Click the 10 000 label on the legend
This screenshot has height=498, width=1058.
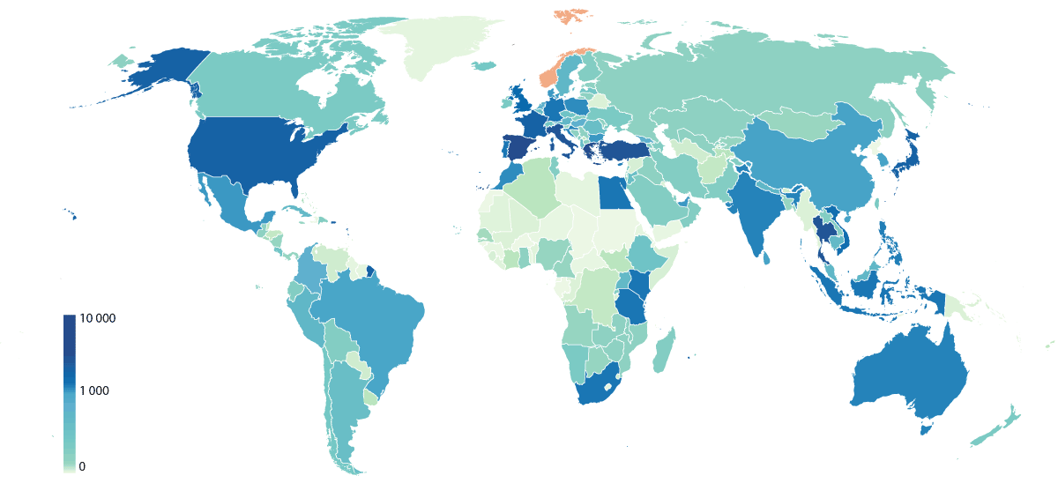point(98,319)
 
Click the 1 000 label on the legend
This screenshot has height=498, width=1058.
point(94,390)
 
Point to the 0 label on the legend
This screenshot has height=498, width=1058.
point(82,466)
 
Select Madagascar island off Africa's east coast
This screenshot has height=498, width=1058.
point(663,351)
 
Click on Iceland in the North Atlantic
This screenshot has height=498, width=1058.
point(484,65)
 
